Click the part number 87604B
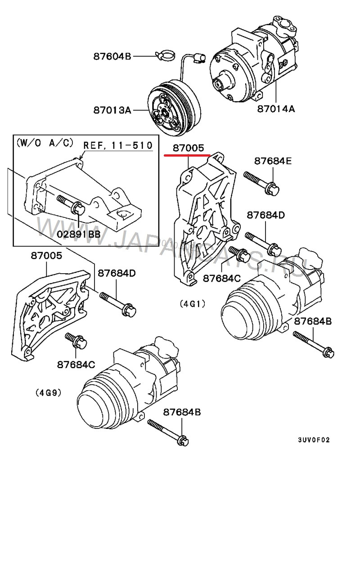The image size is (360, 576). point(112,57)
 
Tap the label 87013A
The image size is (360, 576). point(112,109)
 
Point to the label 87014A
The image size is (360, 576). point(276,108)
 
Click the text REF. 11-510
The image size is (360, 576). point(118,145)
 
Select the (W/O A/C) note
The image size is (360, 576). point(45,143)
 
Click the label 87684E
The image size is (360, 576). point(273,161)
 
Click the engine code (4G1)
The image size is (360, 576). point(192,304)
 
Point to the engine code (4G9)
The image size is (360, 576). point(48,392)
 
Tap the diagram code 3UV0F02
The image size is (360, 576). point(314,440)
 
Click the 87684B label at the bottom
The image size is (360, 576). point(182,412)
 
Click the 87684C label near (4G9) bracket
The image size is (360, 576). point(75,364)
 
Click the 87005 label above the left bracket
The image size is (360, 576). point(47,256)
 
